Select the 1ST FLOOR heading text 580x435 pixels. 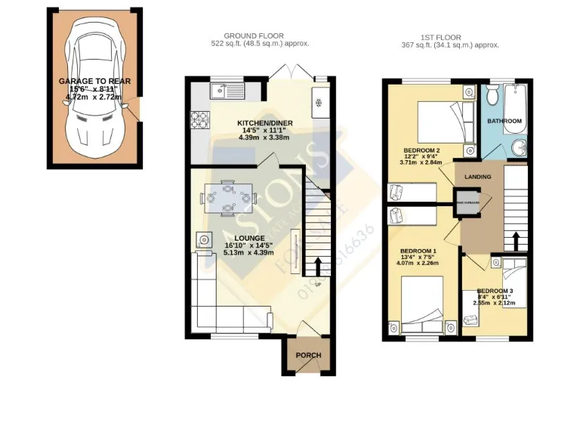click(450, 35)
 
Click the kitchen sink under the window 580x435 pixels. click(224, 92)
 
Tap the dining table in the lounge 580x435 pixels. click(229, 199)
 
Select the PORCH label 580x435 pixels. click(308, 356)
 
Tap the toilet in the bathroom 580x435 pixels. click(491, 95)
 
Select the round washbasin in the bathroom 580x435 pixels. click(518, 147)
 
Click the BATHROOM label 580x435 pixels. click(504, 121)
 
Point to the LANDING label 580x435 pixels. click(478, 177)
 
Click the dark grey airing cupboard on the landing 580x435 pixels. click(464, 201)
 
